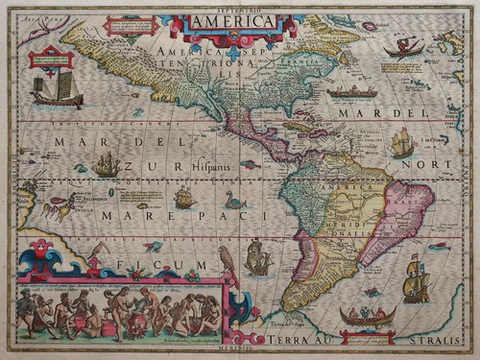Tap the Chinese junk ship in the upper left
coord(56,90)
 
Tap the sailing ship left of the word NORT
coord(402,143)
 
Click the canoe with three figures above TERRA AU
coord(367,315)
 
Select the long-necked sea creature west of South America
coord(234,201)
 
